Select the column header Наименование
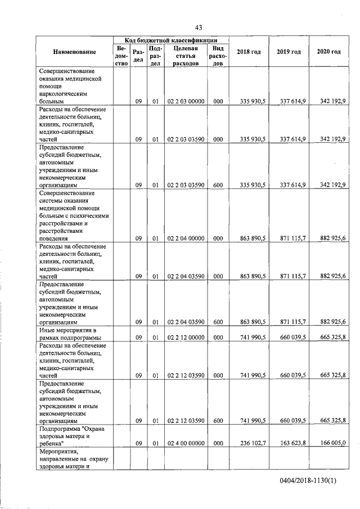74,52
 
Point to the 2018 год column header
249,52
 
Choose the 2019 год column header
289,52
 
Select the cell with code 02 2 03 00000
186,102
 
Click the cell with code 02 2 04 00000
186,239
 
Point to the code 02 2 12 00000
186,337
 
